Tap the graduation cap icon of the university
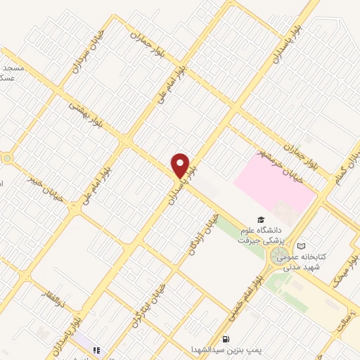[261, 220]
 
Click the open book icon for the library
[302, 246]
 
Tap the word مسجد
[14, 68]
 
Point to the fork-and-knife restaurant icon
[97, 349]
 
